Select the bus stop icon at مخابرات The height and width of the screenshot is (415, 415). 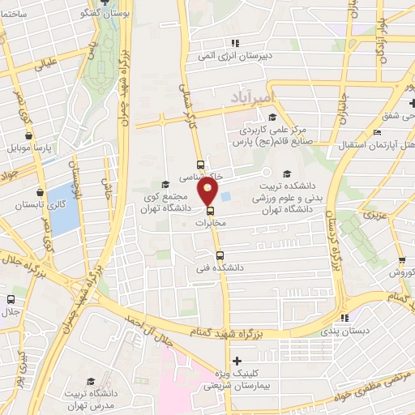pyautogui.click(x=212, y=213)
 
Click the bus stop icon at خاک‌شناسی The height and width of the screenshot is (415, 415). pyautogui.click(x=200, y=165)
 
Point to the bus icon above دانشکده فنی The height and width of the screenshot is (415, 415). pyautogui.click(x=218, y=256)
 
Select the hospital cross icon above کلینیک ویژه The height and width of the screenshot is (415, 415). pyautogui.click(x=236, y=361)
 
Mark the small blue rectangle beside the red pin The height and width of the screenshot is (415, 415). pyautogui.click(x=226, y=196)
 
